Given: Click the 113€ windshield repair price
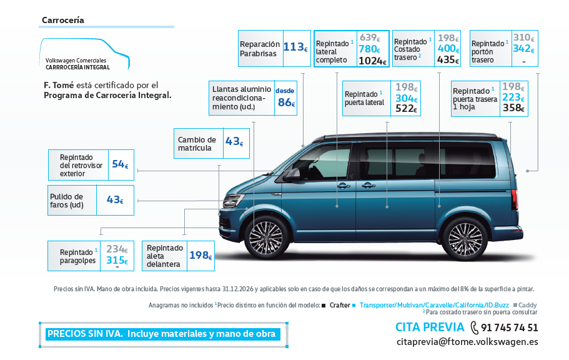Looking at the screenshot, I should click(295, 47).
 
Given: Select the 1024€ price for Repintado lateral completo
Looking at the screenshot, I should click(373, 61).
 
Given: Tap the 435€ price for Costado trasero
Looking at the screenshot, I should click(448, 60).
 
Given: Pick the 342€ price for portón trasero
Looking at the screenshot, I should click(523, 49).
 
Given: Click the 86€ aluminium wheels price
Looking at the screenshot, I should click(285, 102).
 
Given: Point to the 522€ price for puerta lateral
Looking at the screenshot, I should click(406, 109).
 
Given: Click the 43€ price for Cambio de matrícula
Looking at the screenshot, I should click(234, 142).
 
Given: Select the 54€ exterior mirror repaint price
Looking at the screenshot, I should click(120, 164).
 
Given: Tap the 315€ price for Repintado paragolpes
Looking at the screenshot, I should click(117, 261).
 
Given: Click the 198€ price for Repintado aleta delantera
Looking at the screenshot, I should click(200, 255).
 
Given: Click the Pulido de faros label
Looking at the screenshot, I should click(67, 201).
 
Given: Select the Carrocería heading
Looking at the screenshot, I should click(62, 20).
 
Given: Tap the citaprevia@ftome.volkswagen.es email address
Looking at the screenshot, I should click(467, 342).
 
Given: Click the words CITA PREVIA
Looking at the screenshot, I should click(430, 327).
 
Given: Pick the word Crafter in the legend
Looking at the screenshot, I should click(340, 305).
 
